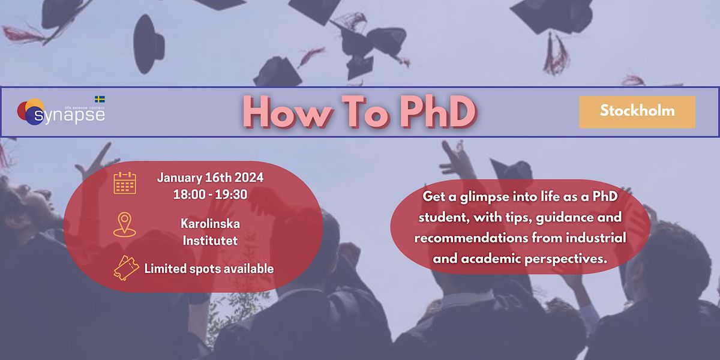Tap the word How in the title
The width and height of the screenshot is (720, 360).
click(x=284, y=112)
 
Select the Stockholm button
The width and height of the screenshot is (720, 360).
click(x=637, y=111)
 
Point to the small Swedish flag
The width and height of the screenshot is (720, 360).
click(x=100, y=99)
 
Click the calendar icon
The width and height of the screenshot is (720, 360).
click(x=125, y=183)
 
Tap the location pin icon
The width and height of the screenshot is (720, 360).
click(x=124, y=224)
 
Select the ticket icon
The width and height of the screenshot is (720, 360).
click(x=125, y=268)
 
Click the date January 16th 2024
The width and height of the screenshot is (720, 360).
click(x=210, y=178)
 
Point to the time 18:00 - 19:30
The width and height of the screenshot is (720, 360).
click(x=210, y=195)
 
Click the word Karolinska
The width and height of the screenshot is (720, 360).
click(x=210, y=224)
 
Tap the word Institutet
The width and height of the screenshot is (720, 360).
click(x=210, y=241)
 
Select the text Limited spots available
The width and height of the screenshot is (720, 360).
click(x=209, y=269)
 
